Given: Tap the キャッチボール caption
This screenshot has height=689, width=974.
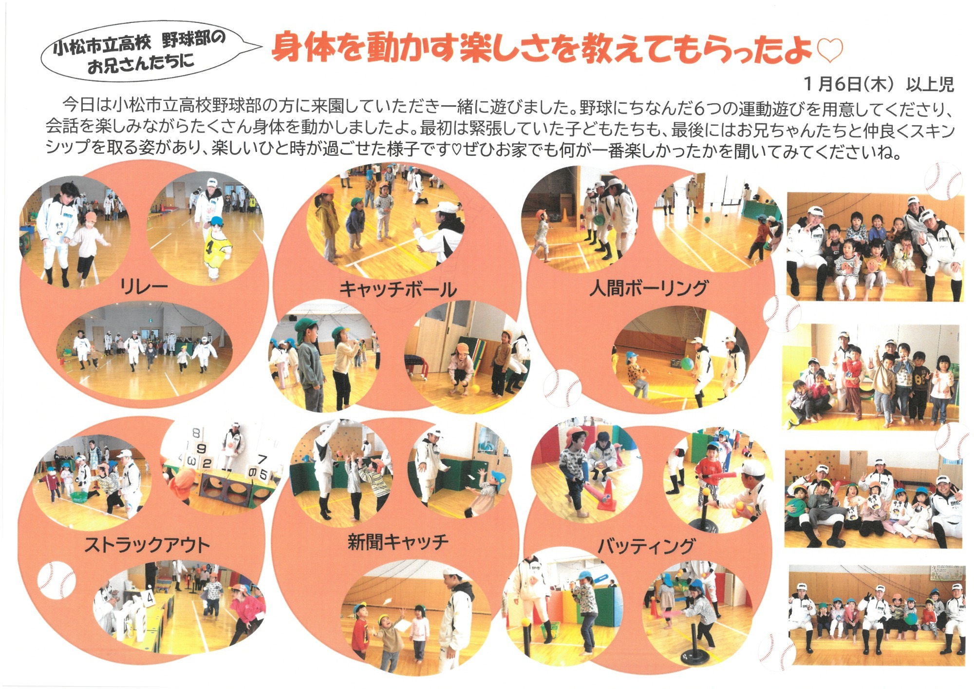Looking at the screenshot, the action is click(398, 289).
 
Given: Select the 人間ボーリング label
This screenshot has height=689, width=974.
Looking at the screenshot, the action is click(648, 288).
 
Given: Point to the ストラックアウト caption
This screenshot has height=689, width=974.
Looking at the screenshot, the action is click(147, 545).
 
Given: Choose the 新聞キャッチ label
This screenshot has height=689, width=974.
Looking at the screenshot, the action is click(398, 542).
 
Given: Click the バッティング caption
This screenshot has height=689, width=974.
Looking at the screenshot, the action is click(647, 546).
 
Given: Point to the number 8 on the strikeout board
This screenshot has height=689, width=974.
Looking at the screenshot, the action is click(196, 433).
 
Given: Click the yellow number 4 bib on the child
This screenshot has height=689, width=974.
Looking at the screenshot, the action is click(215, 246).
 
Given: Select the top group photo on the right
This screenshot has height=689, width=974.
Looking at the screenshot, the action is click(875, 247).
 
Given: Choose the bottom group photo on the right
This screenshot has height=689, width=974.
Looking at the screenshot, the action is click(876, 615).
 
